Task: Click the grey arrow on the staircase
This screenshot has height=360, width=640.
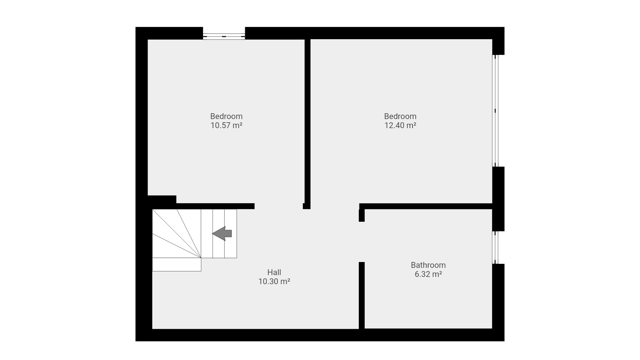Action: [222, 233]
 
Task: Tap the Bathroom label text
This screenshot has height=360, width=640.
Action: [428, 265]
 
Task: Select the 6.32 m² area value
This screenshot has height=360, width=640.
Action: [428, 274]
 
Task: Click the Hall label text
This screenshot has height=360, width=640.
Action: [274, 272]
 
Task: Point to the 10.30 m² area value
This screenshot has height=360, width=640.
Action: [274, 281]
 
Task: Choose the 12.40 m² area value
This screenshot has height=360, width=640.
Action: [400, 125]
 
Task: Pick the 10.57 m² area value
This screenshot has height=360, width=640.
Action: [226, 125]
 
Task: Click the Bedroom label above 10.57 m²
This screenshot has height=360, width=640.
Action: [226, 116]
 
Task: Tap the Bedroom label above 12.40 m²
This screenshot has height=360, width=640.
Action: [400, 116]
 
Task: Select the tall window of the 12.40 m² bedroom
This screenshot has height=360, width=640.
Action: [495, 111]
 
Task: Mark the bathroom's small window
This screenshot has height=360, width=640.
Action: [495, 247]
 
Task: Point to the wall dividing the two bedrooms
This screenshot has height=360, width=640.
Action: [307, 123]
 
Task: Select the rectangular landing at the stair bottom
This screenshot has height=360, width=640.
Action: [177, 265]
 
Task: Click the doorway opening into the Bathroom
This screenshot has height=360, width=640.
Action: [362, 242]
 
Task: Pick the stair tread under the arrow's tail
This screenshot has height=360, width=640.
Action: [231, 233]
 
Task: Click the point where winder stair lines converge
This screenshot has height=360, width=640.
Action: [201, 258]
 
